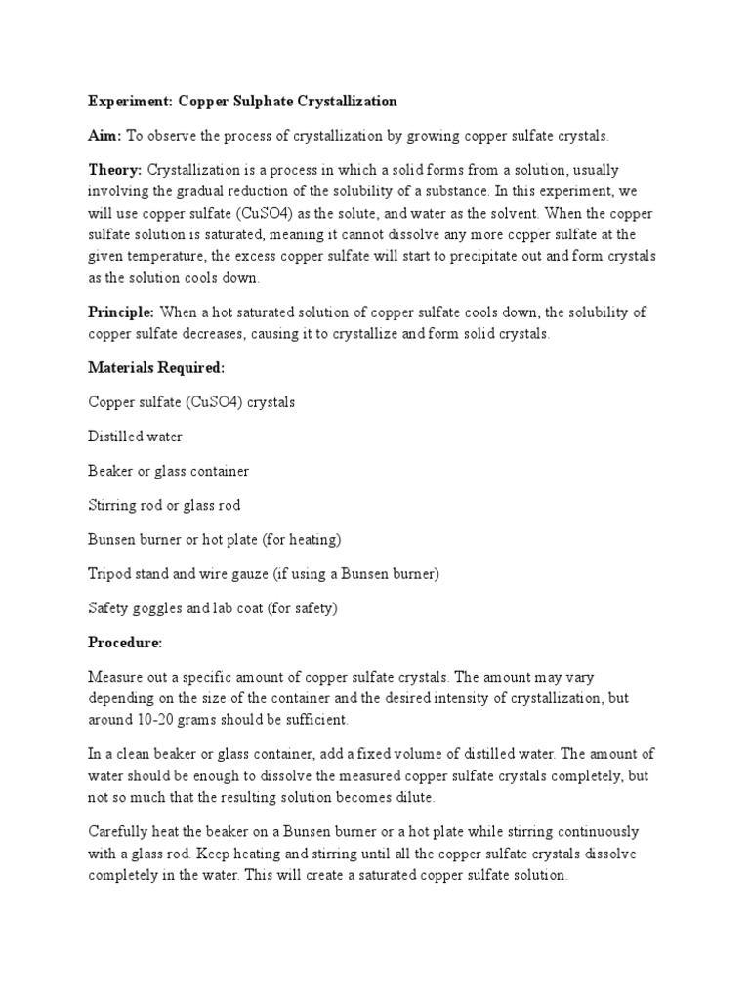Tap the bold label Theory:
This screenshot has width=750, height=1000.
pos(115,170)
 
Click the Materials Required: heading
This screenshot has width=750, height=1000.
pos(156,367)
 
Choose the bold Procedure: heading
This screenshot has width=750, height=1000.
pos(125,643)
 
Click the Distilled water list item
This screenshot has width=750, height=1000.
pos(135,437)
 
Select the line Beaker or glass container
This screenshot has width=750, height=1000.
pos(168,471)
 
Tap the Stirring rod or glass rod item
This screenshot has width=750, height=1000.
pos(164,505)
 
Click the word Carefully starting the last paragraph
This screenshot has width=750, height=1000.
pos(118,831)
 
